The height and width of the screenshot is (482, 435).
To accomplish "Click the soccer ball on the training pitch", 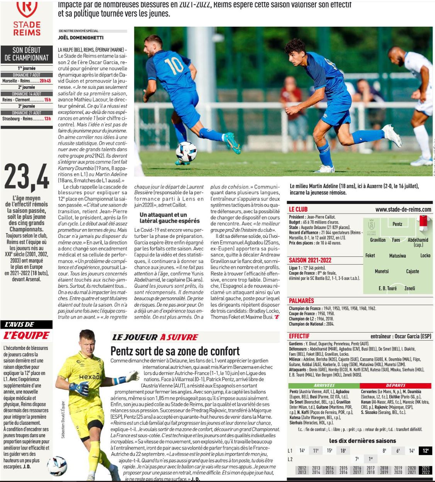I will click(x=186, y=151).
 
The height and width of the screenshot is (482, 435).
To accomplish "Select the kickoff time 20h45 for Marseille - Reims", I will click(x=46, y=81).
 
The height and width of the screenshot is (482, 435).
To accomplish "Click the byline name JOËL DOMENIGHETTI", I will click(x=81, y=37).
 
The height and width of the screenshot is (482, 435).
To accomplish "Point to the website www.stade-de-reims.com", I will click(x=403, y=209).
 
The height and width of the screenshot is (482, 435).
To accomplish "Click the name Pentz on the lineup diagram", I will click(x=397, y=224).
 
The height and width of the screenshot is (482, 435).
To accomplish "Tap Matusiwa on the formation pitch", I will click(x=397, y=256).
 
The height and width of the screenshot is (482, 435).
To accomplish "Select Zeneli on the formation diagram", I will click(x=410, y=288).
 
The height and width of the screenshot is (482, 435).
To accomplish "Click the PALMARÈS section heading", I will click(x=301, y=300).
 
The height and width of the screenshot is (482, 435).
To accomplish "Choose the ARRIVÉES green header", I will click(x=324, y=385).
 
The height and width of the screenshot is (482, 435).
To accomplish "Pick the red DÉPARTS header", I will click(x=396, y=385).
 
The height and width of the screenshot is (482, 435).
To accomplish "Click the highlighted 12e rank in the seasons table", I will click(x=425, y=450).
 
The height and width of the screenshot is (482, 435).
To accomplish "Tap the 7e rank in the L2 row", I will click(x=357, y=459).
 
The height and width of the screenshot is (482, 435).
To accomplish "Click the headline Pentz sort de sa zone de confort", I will click(x=175, y=351).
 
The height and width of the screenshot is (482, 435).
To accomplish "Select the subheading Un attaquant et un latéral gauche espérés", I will click(x=170, y=217).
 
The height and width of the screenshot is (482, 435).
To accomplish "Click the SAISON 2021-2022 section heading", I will click(x=310, y=260).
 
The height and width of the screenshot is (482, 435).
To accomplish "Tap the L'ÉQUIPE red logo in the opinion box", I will click(x=26, y=335).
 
